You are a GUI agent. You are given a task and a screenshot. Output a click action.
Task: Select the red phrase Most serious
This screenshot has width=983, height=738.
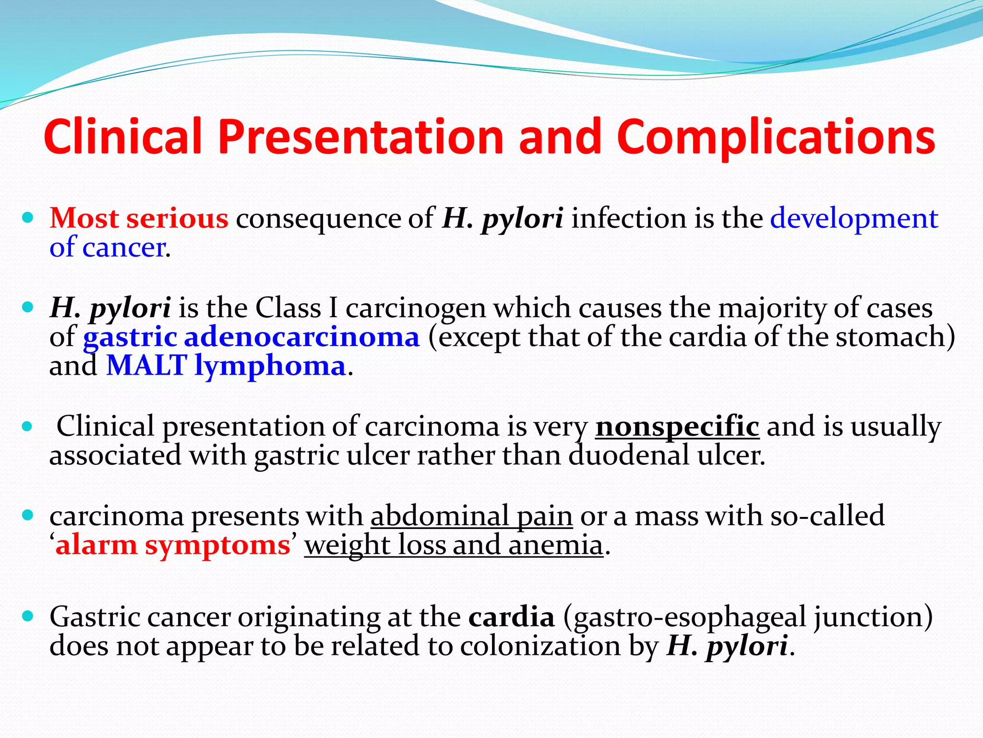(x=139, y=219)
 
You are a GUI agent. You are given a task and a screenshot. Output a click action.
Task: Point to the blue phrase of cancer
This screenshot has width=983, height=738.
(x=108, y=248)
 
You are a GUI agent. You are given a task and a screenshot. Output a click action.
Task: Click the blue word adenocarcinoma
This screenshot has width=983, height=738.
(x=301, y=337)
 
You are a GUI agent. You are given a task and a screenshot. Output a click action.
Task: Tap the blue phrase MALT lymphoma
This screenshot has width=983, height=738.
(x=226, y=367)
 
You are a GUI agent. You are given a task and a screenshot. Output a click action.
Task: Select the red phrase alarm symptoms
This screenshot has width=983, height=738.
(x=173, y=546)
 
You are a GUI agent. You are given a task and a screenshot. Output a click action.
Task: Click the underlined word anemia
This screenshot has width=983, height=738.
(x=555, y=546)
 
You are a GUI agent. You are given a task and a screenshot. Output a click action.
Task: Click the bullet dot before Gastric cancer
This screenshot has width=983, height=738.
(x=28, y=615)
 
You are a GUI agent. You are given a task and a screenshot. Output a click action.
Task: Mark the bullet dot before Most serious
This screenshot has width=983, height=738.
(x=28, y=218)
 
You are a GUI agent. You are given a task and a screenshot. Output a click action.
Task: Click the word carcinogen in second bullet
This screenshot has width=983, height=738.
(x=415, y=308)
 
